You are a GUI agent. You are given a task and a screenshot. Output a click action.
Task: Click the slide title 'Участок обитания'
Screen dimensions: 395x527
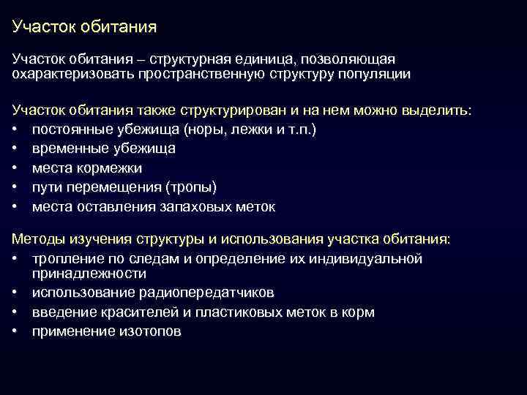click(x=85, y=28)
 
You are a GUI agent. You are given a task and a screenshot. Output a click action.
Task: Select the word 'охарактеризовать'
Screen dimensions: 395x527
click(x=70, y=74)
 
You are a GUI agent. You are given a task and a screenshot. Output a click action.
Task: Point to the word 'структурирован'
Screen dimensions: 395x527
click(x=233, y=110)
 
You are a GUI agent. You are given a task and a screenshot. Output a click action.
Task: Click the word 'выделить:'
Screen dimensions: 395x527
click(x=437, y=110)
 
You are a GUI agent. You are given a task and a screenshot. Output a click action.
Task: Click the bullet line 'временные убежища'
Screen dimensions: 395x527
click(x=103, y=148)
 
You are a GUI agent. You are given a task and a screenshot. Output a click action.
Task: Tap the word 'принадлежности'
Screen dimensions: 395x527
click(x=89, y=274)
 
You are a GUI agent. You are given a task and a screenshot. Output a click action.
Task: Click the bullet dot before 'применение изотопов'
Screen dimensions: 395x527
click(x=16, y=331)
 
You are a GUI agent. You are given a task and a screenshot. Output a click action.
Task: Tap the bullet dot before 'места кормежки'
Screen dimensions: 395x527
click(x=16, y=168)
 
